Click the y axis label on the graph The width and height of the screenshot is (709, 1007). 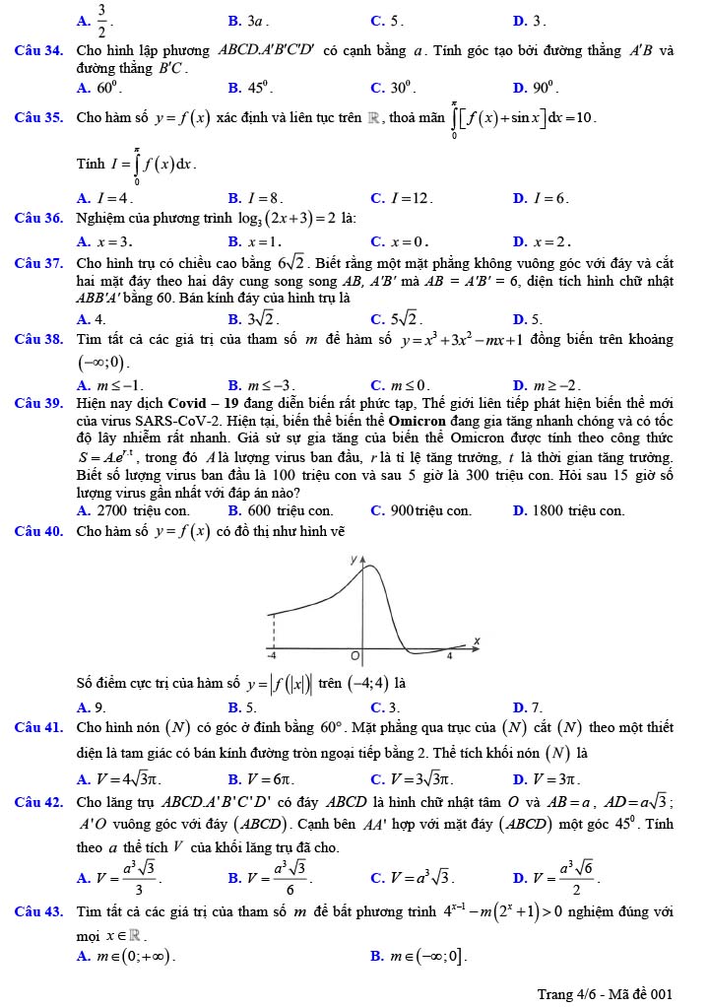355,560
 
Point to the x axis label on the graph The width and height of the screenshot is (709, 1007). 476,641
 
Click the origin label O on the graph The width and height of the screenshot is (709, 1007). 356,655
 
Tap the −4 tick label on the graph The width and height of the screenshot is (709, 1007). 273,655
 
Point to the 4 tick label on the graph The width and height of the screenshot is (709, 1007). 450,655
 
